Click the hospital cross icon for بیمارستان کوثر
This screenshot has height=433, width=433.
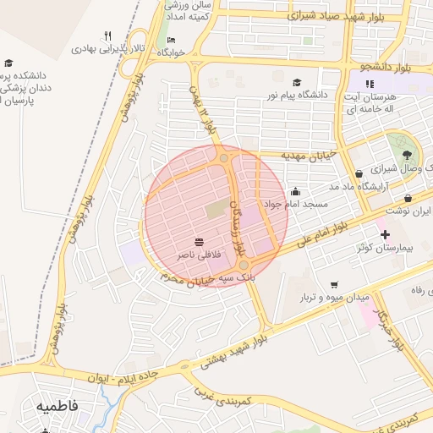[385, 234]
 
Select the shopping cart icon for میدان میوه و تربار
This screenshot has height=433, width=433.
[335, 285]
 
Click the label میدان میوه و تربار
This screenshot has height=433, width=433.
[335, 298]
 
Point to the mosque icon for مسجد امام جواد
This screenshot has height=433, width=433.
[294, 191]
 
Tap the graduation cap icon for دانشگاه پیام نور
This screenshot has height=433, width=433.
[296, 82]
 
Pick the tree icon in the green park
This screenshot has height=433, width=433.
[408, 155]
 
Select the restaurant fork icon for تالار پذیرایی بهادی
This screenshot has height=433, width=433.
[107, 36]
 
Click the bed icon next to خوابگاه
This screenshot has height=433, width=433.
[172, 40]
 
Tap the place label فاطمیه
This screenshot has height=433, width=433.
[57, 406]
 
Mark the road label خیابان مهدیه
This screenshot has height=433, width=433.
[310, 155]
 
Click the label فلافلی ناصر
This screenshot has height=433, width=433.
[197, 254]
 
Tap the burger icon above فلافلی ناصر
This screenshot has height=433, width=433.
[198, 242]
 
